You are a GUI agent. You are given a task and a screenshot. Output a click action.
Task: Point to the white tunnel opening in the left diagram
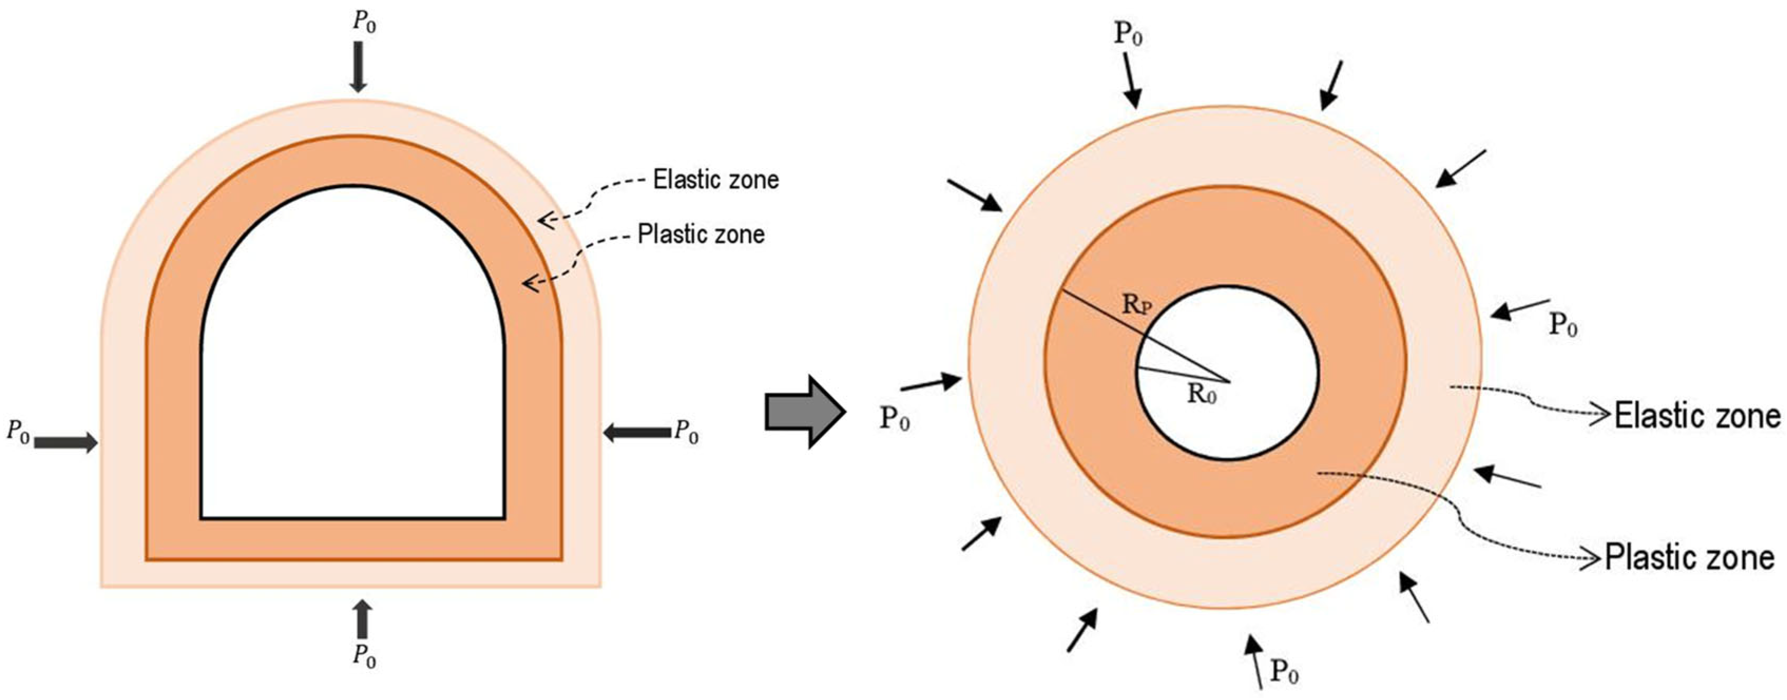(x=352, y=375)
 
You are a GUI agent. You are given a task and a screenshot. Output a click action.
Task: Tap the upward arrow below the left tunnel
(x=362, y=619)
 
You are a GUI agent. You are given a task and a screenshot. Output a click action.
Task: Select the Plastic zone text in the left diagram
(x=701, y=234)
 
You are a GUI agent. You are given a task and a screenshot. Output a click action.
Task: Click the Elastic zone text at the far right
(x=1697, y=416)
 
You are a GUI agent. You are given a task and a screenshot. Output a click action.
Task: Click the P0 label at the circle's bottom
(x=1284, y=671)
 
